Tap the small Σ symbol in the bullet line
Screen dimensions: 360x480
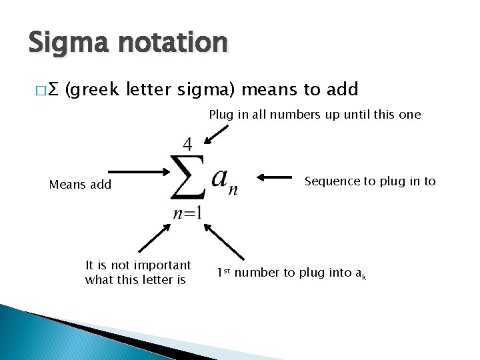pos(55,89)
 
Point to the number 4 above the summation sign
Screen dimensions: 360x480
pos(188,144)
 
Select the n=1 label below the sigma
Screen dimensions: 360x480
pos(187,213)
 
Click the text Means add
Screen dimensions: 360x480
pos(80,185)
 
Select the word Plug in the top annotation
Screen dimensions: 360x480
pos(220,114)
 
